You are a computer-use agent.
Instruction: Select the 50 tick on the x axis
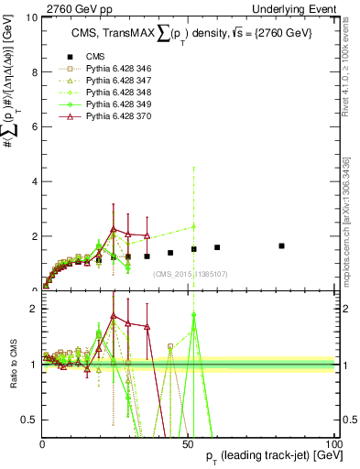point(188,442)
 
